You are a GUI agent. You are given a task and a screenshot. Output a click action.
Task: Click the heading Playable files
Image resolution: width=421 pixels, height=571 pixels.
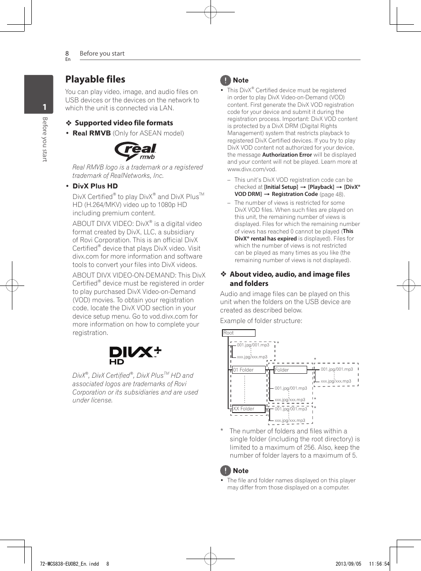(95, 79)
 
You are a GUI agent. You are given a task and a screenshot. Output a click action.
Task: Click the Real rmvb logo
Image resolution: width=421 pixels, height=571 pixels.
(136, 151)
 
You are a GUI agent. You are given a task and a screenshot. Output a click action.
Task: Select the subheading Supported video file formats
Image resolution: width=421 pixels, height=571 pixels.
(124, 123)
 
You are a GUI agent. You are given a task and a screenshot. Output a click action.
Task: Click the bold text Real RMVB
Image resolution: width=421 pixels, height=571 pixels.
(91, 133)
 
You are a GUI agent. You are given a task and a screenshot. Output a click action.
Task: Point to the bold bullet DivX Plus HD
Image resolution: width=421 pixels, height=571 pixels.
(95, 186)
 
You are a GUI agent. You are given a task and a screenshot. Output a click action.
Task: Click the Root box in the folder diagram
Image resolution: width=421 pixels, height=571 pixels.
(238, 333)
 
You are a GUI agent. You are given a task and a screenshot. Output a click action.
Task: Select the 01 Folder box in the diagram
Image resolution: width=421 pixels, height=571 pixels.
(248, 370)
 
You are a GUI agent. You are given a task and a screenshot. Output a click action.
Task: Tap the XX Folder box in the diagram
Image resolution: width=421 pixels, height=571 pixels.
(248, 409)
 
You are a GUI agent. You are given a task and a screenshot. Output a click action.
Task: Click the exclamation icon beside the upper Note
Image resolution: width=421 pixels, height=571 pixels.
(226, 80)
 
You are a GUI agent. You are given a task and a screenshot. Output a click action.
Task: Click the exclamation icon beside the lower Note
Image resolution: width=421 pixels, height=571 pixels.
(226, 471)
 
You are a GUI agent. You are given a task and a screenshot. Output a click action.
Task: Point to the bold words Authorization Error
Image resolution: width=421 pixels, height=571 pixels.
(287, 155)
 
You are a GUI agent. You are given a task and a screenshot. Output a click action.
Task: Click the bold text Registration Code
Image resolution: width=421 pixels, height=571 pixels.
(295, 194)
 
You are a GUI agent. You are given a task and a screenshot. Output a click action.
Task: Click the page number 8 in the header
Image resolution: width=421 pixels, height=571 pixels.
(67, 53)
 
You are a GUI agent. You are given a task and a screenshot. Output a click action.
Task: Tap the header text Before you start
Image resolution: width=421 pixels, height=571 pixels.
(102, 53)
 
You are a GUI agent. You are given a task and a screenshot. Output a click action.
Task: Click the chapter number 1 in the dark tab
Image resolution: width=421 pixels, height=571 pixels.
(44, 107)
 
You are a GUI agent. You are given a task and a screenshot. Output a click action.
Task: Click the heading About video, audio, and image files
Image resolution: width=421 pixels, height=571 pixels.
(289, 274)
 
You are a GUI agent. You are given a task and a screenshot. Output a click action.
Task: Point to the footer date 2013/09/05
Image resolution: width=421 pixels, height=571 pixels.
(348, 564)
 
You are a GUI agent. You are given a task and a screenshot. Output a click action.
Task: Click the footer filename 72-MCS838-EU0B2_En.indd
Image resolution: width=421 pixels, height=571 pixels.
(69, 564)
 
